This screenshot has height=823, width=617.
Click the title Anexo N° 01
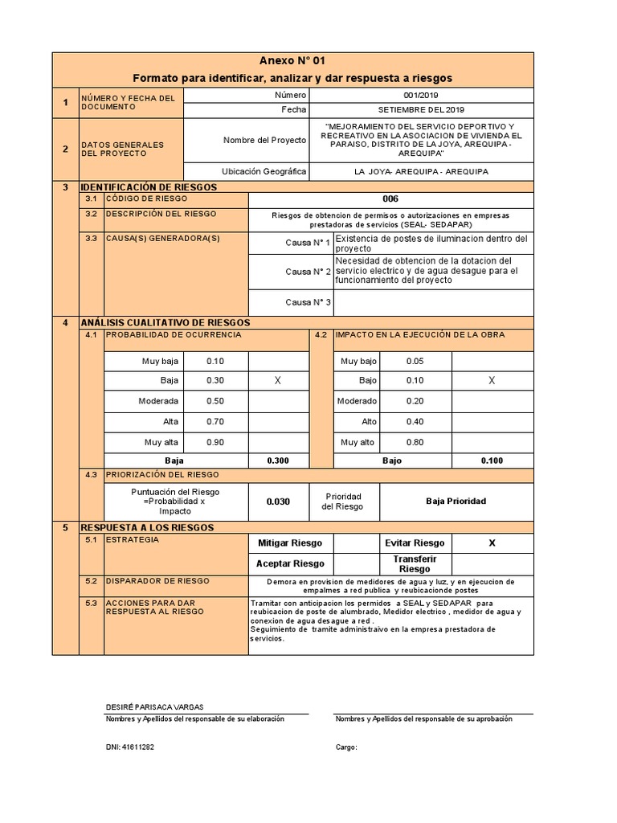tap(292, 61)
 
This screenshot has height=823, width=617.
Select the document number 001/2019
tap(421, 96)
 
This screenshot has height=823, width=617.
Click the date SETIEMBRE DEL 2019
tap(421, 110)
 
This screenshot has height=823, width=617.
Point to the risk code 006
tap(390, 199)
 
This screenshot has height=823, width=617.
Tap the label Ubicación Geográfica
tap(264, 172)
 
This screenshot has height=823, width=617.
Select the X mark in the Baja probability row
tap(278, 381)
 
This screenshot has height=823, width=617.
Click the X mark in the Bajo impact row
tap(492, 381)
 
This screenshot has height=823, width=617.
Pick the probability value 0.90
tap(215, 442)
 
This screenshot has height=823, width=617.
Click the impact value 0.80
tap(415, 442)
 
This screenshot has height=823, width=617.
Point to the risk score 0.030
tap(278, 502)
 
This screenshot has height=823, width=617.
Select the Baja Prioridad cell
tap(456, 502)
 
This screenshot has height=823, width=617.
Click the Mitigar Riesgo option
tap(290, 543)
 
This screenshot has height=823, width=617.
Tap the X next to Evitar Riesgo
tap(492, 543)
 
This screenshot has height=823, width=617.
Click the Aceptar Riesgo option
tap(290, 563)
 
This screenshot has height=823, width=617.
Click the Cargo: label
tap(345, 747)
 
